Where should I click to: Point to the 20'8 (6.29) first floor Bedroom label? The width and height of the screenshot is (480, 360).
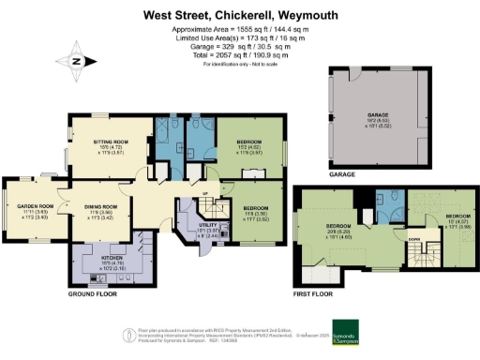tap(337, 231)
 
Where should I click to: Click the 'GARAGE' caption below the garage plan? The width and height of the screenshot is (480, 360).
tap(341, 174)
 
